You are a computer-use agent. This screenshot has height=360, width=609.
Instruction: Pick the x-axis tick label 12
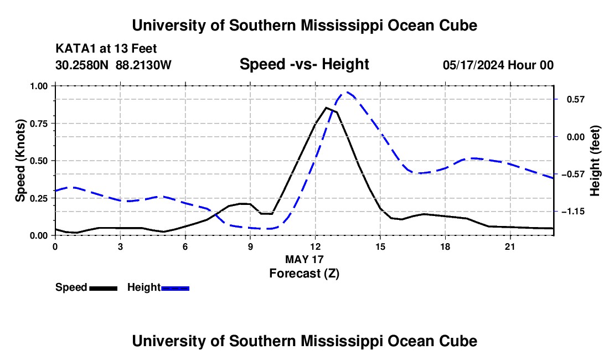pyautogui.click(x=315, y=246)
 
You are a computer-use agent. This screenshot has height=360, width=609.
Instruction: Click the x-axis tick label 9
pyautogui.click(x=250, y=246)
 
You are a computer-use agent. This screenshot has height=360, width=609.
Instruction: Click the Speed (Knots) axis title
pyautogui.click(x=20, y=161)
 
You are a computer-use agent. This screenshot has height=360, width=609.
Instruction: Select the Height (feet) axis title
pyautogui.click(x=595, y=161)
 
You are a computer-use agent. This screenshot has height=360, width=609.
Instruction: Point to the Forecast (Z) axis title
pyautogui.click(x=304, y=274)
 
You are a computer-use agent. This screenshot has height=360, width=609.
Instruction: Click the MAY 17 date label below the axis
pyautogui.click(x=304, y=259)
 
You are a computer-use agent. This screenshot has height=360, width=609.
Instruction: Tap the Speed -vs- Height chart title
pyautogui.click(x=304, y=64)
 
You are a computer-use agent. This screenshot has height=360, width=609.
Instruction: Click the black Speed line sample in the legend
pyautogui.click(x=104, y=288)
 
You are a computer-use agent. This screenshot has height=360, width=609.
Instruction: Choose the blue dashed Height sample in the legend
pyautogui.click(x=175, y=288)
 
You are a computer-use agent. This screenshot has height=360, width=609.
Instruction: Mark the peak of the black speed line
pyautogui.click(x=326, y=107)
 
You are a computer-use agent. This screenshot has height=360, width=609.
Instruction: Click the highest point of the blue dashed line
pyautogui.click(x=347, y=92)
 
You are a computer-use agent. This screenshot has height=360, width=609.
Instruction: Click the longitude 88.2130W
pyautogui.click(x=143, y=65)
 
